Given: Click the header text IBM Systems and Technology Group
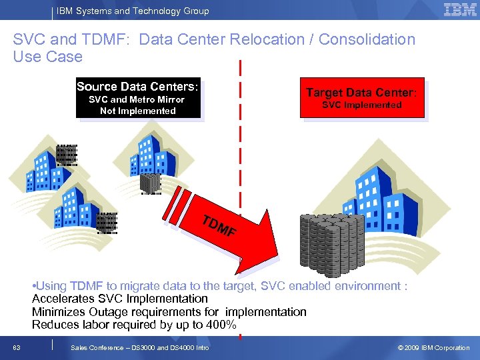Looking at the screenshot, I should [x=133, y=11].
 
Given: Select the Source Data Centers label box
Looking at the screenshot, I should [x=138, y=99].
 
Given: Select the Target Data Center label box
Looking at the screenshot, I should [x=361, y=99].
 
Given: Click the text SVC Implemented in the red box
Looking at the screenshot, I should [x=361, y=105].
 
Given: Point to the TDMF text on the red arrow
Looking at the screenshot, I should [x=219, y=227].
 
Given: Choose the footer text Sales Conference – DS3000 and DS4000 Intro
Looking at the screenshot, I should [x=139, y=348].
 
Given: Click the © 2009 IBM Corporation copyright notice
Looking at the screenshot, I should [x=433, y=348].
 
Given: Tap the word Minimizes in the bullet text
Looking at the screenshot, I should [x=59, y=312].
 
